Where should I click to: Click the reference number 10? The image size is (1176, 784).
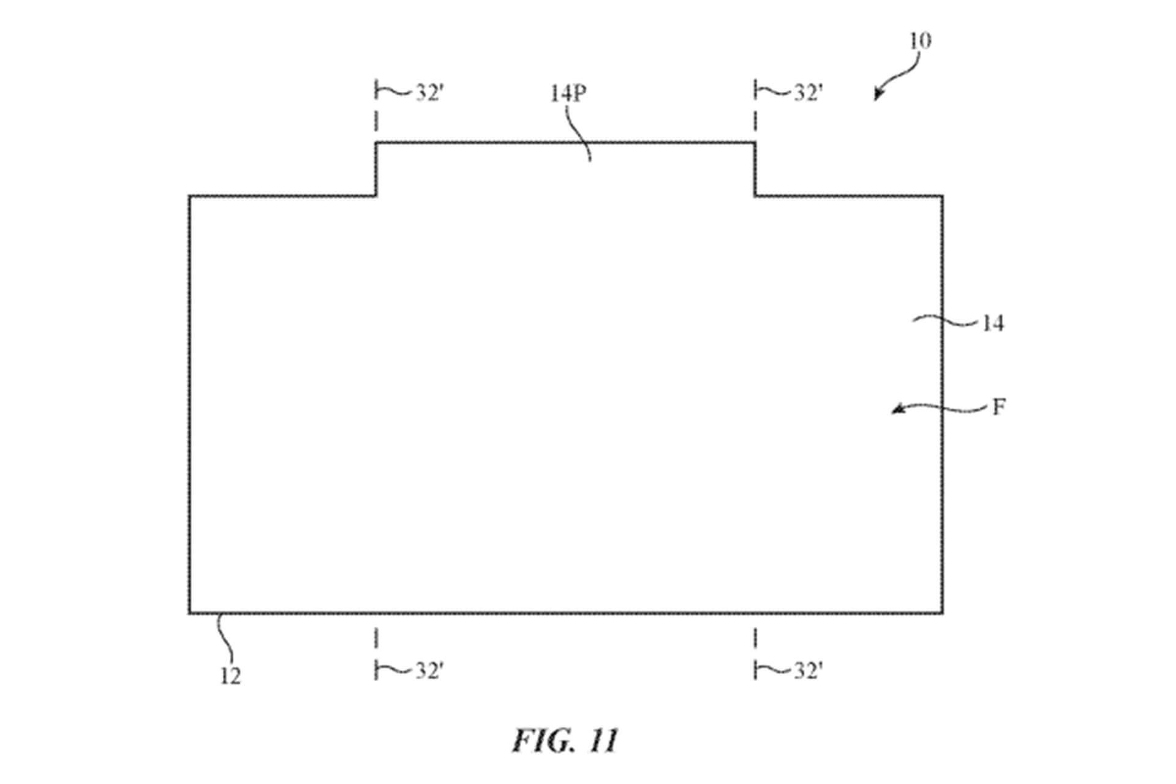pyautogui.click(x=920, y=41)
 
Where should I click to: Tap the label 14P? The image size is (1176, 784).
pyautogui.click(x=568, y=94)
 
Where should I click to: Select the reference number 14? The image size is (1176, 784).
pyautogui.click(x=993, y=323)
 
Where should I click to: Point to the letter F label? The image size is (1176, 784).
pyautogui.click(x=998, y=407)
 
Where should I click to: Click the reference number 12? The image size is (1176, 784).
pyautogui.click(x=230, y=676)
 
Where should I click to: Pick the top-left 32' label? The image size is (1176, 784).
pyautogui.click(x=429, y=93)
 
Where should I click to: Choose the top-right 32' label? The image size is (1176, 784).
pyautogui.click(x=808, y=93)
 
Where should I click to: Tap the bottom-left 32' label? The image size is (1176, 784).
pyautogui.click(x=429, y=671)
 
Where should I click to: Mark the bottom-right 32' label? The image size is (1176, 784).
pyautogui.click(x=808, y=671)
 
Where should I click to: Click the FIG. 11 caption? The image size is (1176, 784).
pyautogui.click(x=565, y=741)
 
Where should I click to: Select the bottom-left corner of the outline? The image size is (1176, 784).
pyautogui.click(x=190, y=612)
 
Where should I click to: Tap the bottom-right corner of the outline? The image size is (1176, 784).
pyautogui.click(x=942, y=612)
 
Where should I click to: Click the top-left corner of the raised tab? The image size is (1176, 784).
pyautogui.click(x=376, y=143)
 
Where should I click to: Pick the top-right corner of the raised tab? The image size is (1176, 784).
pyautogui.click(x=755, y=143)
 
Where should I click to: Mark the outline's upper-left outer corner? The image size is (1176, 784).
pyautogui.click(x=190, y=197)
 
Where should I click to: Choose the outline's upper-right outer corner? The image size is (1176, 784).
pyautogui.click(x=942, y=197)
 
